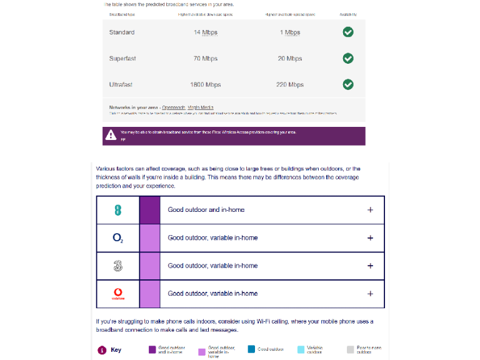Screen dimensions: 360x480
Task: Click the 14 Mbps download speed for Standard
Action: point(205,32)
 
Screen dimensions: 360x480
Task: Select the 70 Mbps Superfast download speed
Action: point(205,59)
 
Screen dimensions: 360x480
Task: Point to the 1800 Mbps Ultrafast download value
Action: point(205,84)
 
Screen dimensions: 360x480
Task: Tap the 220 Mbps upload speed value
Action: point(289,84)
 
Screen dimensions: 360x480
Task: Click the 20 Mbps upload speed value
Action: point(289,59)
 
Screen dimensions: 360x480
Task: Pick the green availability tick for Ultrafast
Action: point(348,84)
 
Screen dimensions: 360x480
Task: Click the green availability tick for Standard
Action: point(348,32)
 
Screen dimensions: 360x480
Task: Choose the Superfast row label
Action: point(122,59)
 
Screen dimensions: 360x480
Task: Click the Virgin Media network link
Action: point(201,107)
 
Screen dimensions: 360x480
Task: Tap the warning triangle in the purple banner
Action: point(111,134)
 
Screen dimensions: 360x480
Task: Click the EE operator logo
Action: point(118,210)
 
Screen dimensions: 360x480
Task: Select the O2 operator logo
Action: point(118,238)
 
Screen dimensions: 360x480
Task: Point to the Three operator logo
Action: point(118,266)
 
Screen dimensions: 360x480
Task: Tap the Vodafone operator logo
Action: point(118,293)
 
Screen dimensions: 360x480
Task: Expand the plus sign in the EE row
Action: point(370,210)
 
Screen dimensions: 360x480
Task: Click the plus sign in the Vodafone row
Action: point(370,294)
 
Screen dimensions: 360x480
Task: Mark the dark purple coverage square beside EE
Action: point(149,210)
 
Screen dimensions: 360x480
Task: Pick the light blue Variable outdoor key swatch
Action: point(301,350)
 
